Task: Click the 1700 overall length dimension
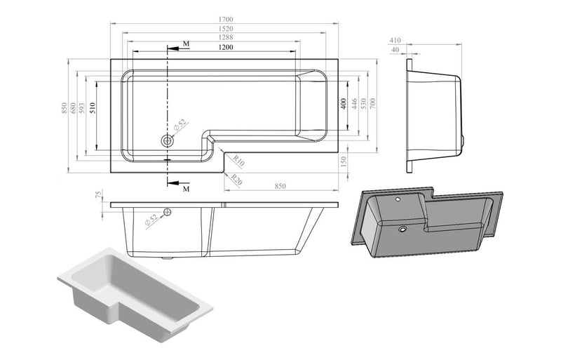click(225, 20)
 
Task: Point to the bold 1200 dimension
click(225, 47)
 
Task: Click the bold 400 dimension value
click(344, 104)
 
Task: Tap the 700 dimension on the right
click(373, 104)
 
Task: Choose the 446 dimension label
click(353, 104)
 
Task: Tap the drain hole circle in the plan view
click(167, 140)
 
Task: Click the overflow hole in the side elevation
click(168, 212)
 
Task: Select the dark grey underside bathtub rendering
click(428, 218)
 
